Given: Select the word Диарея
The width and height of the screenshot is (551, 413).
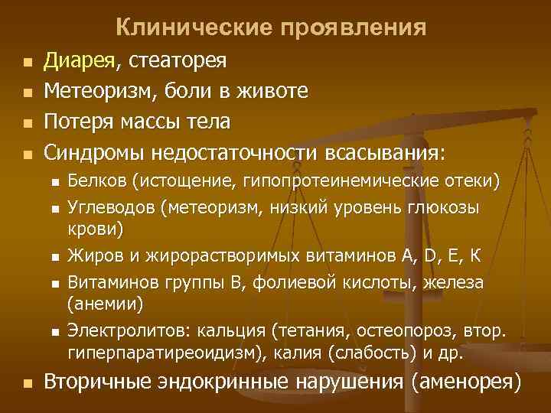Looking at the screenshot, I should [x=78, y=60].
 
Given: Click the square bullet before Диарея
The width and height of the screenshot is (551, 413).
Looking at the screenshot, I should [x=28, y=62].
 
